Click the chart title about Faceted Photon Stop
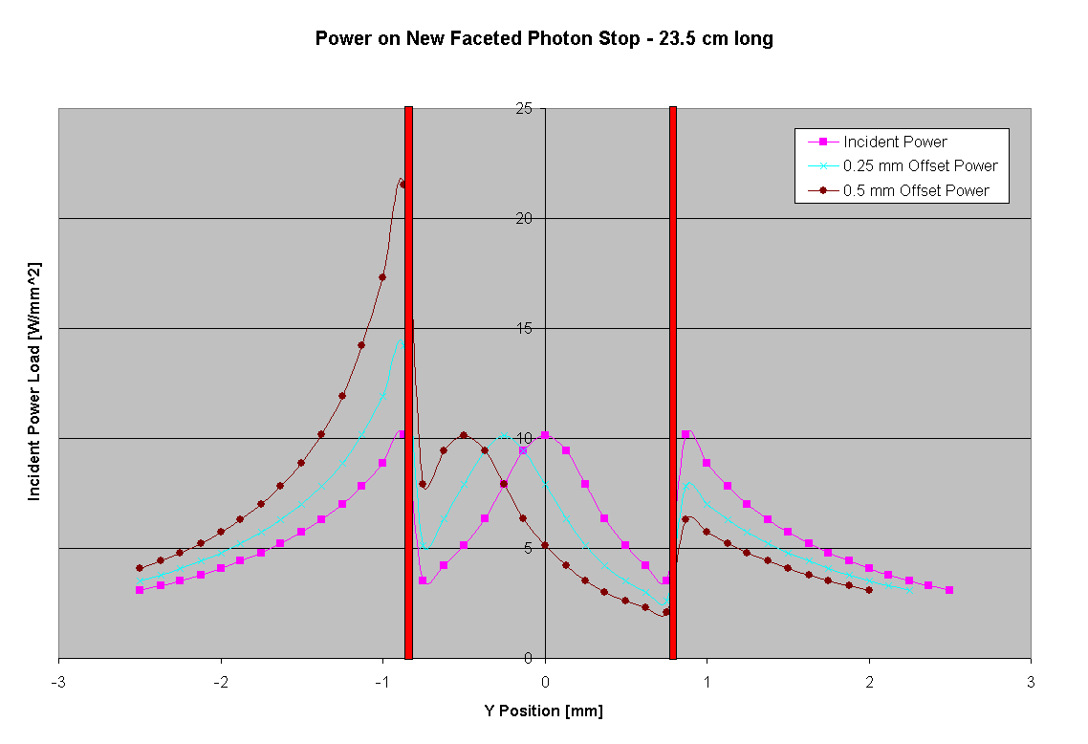tap(544, 39)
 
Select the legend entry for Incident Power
tap(895, 142)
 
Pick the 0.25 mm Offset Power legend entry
tap(920, 165)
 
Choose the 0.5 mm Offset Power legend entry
tap(916, 190)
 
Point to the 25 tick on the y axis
tap(523, 108)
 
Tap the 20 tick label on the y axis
tap(523, 218)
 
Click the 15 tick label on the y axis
tap(523, 328)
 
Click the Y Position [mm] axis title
tap(544, 711)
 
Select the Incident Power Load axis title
tap(34, 381)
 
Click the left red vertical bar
tap(408, 383)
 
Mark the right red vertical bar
tap(673, 383)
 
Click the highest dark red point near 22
tap(403, 184)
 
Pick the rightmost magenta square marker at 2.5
tap(949, 590)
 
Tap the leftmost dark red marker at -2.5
tap(140, 568)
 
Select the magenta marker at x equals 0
tap(545, 435)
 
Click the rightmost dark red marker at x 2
tap(869, 590)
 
